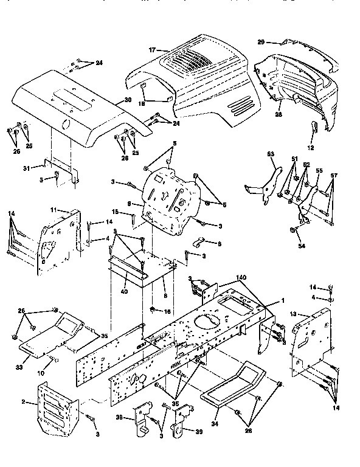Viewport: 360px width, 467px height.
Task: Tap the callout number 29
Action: pyautogui.click(x=261, y=42)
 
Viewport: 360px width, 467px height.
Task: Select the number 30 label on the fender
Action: pyautogui.click(x=127, y=100)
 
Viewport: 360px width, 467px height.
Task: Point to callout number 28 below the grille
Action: pyautogui.click(x=279, y=114)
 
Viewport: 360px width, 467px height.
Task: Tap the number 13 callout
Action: pyautogui.click(x=293, y=314)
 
